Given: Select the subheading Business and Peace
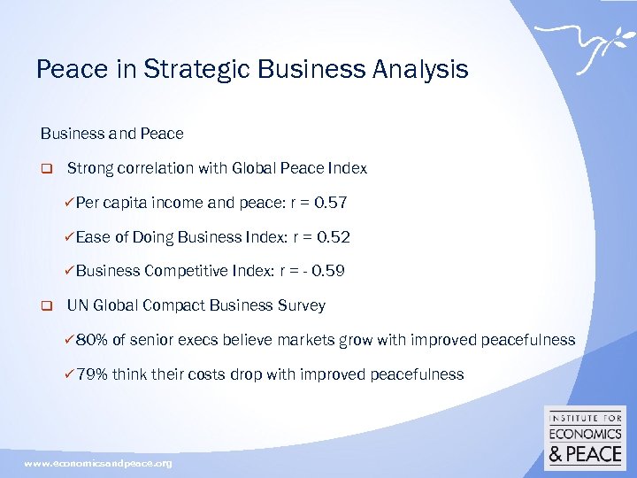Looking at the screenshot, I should coord(111,134).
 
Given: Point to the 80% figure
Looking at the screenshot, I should coord(92,340).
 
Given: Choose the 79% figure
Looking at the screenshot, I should coord(92,374).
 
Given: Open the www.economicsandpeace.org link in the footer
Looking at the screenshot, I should coord(98,463).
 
